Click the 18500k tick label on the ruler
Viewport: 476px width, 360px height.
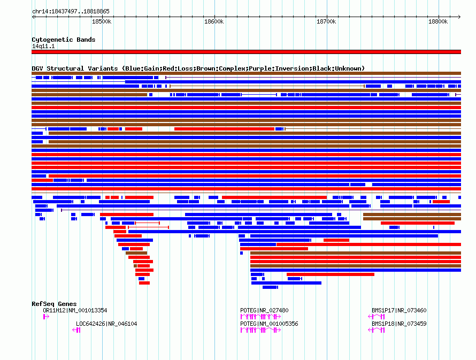point(101,21)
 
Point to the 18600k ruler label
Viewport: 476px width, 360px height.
point(213,21)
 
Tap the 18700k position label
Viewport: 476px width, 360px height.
point(326,21)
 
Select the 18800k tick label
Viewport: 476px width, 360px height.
point(438,21)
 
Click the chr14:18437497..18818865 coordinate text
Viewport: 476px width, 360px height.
point(71,11)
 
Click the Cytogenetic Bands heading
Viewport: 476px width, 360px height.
point(63,40)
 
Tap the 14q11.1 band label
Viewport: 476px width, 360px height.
point(43,47)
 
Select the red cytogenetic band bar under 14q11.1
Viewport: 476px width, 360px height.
point(246,52)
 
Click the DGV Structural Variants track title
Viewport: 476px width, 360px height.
point(198,68)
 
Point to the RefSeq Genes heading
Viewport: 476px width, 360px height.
point(54,304)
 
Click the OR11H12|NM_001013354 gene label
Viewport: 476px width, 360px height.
point(75,311)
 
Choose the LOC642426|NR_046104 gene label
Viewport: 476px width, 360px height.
point(106,324)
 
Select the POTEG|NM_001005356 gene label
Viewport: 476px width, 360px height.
point(269,324)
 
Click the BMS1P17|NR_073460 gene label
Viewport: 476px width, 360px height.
point(399,311)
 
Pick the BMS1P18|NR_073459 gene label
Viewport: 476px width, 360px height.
point(399,324)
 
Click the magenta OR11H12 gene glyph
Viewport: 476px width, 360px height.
point(46,317)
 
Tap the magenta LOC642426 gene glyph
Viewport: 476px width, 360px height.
point(76,331)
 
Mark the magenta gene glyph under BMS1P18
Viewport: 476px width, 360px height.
point(377,331)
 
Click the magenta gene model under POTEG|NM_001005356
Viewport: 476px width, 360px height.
point(260,331)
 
